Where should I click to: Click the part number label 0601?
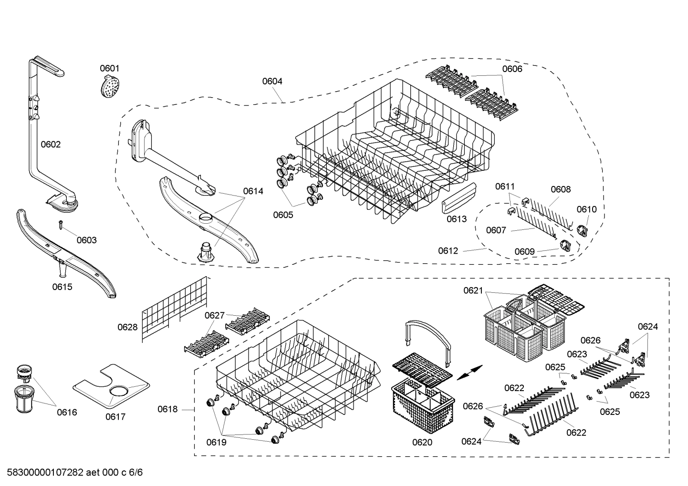(x=109, y=69)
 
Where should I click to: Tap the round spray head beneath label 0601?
(x=110, y=88)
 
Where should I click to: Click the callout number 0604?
(x=272, y=81)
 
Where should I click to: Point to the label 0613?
(x=457, y=219)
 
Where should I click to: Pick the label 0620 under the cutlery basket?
(x=422, y=442)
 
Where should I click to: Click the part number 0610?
(x=586, y=209)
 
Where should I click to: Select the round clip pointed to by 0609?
(x=564, y=245)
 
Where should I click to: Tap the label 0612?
(x=448, y=251)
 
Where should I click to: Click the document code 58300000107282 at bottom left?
(x=42, y=473)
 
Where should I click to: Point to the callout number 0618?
(x=167, y=409)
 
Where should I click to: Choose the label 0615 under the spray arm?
(x=62, y=287)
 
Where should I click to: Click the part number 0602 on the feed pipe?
(x=51, y=145)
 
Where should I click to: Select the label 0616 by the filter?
(x=67, y=412)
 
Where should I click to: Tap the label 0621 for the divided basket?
(x=473, y=290)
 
